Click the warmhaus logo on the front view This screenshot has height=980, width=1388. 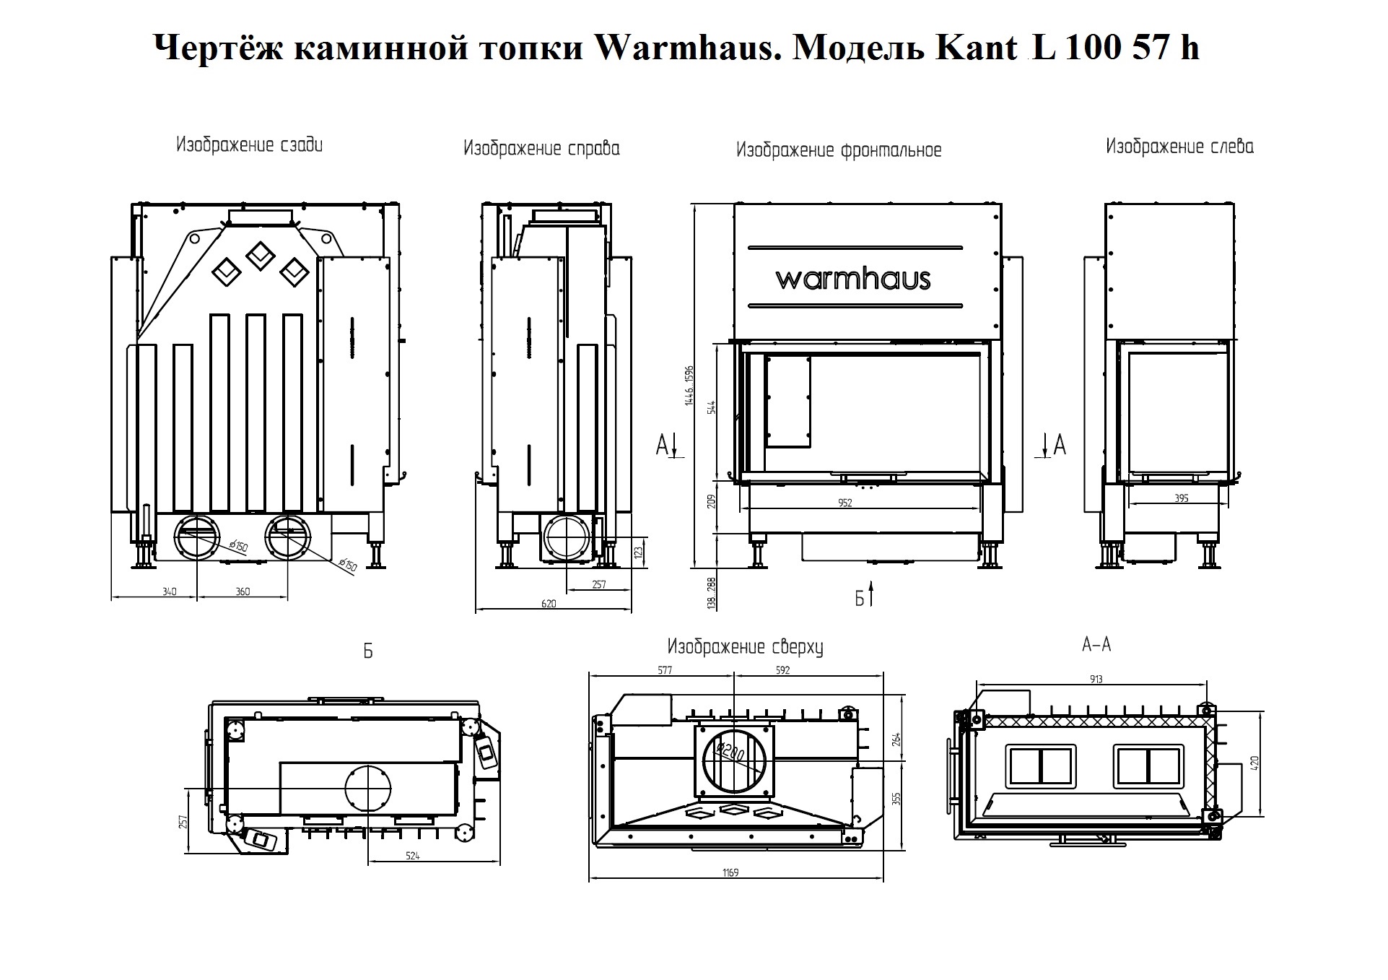pos(853,279)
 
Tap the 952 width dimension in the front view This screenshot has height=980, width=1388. pos(845,503)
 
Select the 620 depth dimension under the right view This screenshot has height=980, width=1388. pos(549,604)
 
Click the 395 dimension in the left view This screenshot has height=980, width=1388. pos(1181,498)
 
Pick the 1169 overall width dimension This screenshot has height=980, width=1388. pos(730,873)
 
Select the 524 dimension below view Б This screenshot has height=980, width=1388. pos(412,857)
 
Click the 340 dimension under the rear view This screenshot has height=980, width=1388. pos(169,592)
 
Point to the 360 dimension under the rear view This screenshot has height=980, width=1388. pos(243,592)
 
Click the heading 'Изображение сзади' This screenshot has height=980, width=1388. pos(250,145)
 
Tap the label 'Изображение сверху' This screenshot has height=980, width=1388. pos(745,647)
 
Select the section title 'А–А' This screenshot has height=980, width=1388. pos(1096,645)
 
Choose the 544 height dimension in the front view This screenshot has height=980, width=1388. pos(712,407)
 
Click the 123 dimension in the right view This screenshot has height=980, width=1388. pos(637,552)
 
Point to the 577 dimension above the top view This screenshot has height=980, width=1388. pos(665,670)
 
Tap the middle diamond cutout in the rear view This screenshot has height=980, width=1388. pos(258,255)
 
